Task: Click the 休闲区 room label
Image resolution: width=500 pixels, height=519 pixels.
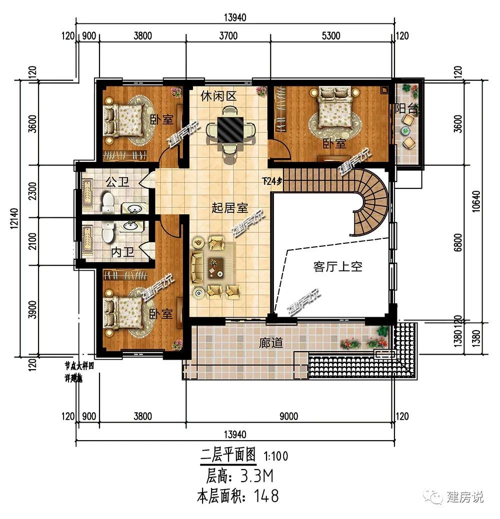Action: click(218, 96)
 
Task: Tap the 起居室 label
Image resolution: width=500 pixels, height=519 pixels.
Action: click(229, 208)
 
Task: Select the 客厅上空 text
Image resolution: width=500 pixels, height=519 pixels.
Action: click(337, 267)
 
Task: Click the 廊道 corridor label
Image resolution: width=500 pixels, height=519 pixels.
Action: click(271, 343)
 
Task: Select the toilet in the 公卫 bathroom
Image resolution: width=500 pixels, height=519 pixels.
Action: click(107, 202)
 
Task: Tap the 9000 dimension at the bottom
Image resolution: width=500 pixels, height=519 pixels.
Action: click(288, 416)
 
